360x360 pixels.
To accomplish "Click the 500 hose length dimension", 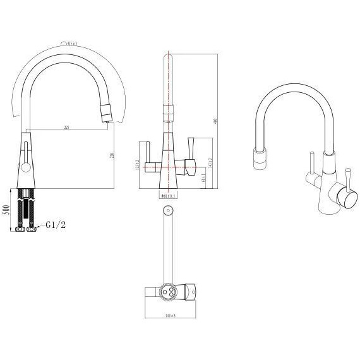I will coord(6,210).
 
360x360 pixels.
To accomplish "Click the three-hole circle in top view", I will coord(169,292).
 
